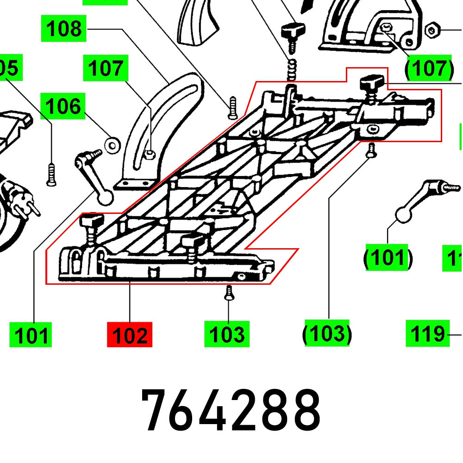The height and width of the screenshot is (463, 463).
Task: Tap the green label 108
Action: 64,29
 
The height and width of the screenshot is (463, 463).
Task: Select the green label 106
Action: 63,106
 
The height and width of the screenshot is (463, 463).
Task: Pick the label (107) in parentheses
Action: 429,69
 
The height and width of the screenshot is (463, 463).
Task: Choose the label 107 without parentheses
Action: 106,69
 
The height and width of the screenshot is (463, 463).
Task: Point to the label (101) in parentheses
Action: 387,257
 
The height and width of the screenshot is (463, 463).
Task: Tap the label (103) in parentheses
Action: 327,333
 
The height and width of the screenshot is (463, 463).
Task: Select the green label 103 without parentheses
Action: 227,334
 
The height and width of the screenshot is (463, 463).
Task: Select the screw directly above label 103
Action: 228,293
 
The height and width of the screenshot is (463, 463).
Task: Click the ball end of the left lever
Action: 106,197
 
